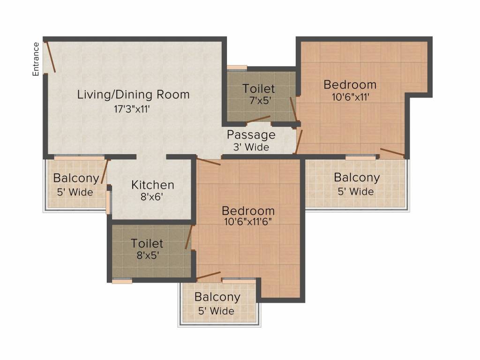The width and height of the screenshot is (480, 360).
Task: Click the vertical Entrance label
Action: point(36,59)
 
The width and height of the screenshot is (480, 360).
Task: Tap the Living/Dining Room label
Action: point(134,94)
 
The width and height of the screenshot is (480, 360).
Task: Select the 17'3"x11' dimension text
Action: point(132,109)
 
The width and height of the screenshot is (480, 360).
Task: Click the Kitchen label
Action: point(153,185)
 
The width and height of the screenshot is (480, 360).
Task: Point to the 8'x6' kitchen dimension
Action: point(151,196)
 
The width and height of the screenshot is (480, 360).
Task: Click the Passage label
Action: point(251,135)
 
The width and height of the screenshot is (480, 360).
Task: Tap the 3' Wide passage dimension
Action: point(251,147)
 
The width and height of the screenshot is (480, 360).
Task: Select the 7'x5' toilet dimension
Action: point(260,100)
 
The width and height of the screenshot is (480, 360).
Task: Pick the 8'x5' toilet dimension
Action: point(148,255)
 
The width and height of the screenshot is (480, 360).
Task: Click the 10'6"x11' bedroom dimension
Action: point(351,97)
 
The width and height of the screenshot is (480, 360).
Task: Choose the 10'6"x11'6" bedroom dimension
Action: point(248,221)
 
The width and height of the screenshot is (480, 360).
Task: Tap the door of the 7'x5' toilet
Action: point(258,120)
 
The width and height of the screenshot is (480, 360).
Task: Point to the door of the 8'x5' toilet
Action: point(188,237)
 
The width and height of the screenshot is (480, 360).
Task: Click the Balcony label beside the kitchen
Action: point(76,178)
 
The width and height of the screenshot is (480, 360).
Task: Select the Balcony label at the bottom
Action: point(217,297)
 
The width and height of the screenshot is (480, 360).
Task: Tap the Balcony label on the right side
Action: point(357,178)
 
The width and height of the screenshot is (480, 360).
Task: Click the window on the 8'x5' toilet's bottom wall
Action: point(122,280)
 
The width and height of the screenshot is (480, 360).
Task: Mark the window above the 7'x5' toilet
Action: point(237,67)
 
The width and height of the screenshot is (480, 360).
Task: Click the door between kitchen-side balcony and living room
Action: point(105,172)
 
